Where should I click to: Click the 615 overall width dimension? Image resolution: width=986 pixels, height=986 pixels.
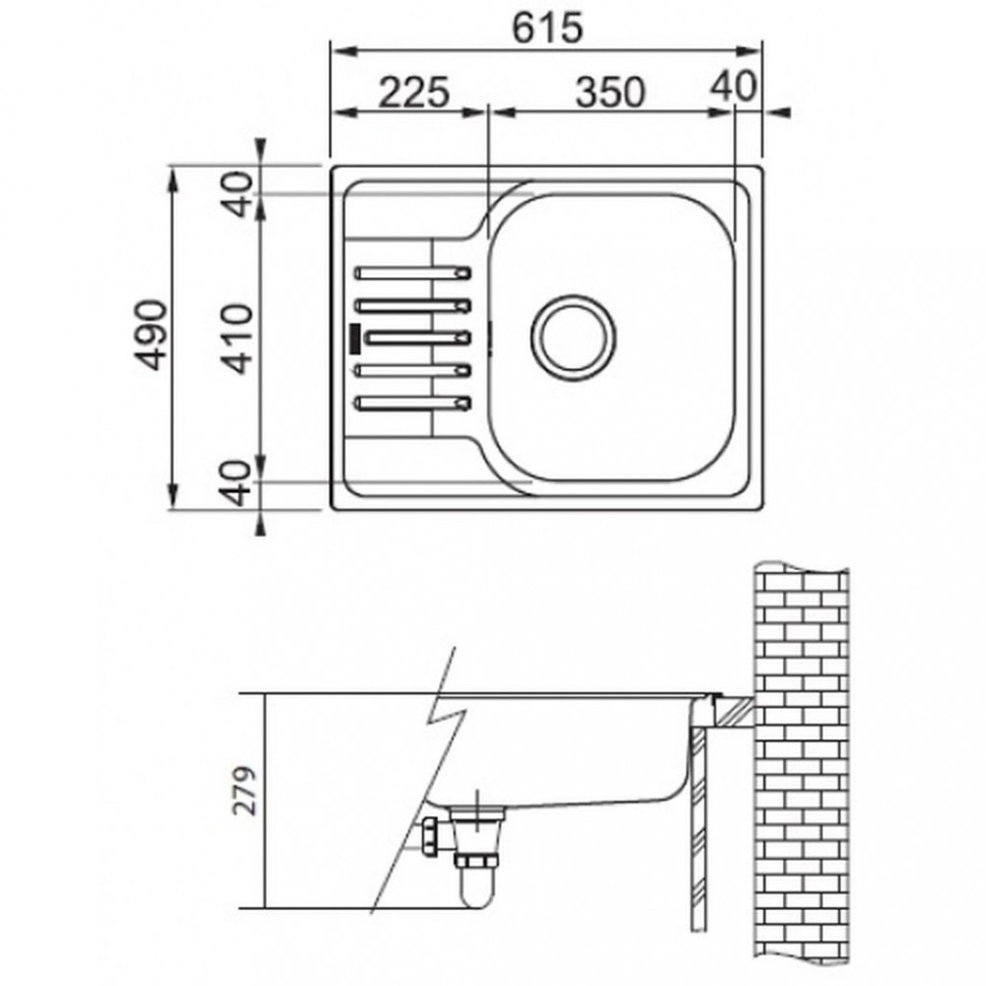(547, 29)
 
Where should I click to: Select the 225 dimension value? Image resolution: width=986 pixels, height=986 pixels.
(414, 92)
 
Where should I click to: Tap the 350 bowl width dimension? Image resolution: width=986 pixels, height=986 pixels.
(610, 92)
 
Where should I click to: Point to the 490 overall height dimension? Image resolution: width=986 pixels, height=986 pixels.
(152, 336)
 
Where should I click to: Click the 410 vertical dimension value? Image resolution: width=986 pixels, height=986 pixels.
(239, 339)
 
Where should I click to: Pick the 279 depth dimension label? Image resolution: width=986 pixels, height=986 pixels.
(245, 791)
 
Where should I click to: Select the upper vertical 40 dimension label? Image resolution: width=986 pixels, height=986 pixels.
(239, 193)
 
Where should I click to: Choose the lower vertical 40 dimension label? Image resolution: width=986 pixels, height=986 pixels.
(239, 483)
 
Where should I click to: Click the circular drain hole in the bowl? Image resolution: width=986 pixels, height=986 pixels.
(573, 337)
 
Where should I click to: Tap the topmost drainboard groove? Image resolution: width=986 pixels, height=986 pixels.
(412, 273)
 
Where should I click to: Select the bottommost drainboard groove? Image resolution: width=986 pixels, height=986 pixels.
(412, 403)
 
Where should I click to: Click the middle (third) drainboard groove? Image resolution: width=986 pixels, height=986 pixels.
(417, 337)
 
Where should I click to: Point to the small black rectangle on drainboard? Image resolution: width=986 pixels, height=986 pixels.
(355, 338)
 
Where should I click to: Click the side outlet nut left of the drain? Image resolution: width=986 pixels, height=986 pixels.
(431, 836)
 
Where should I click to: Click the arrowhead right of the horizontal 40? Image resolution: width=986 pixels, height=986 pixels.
(780, 112)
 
